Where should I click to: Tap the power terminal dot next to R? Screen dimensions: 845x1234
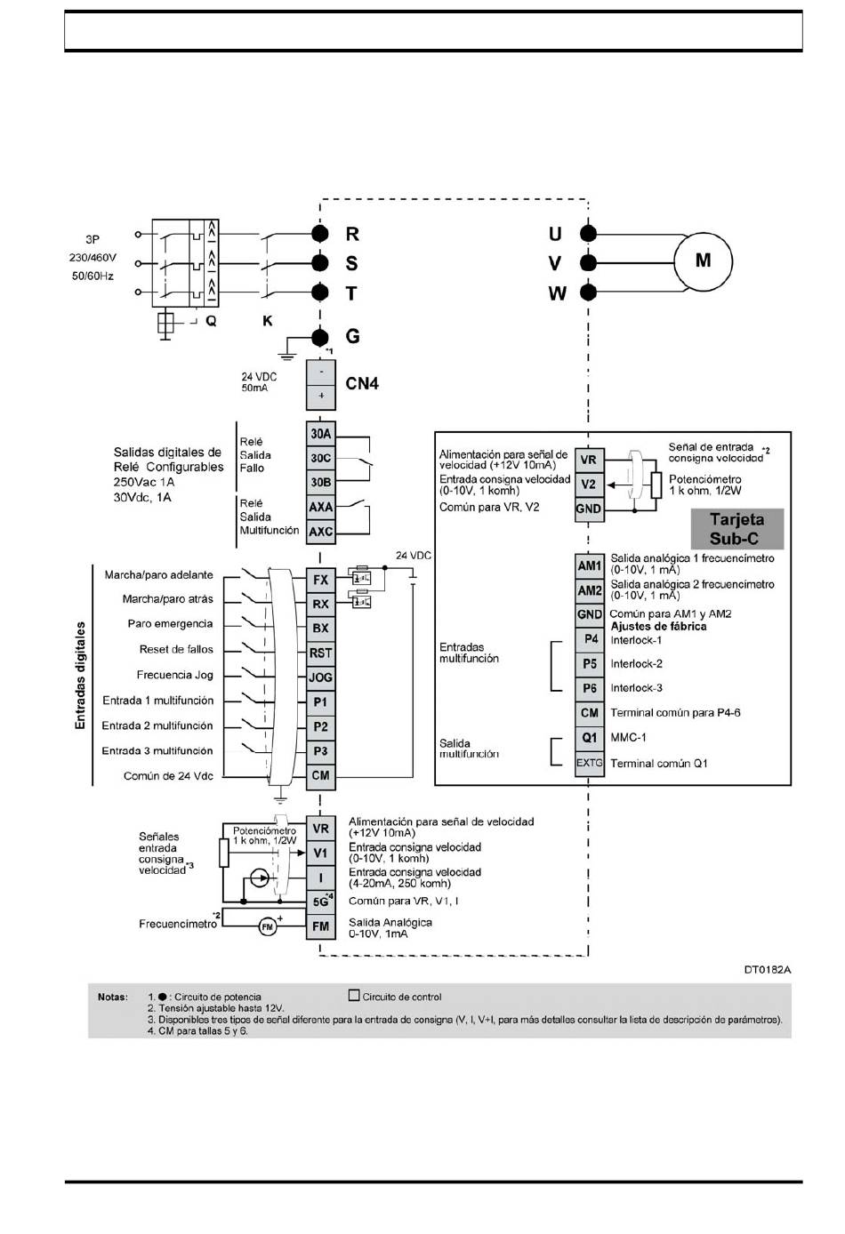coord(319,234)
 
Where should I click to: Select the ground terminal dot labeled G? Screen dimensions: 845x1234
coord(319,337)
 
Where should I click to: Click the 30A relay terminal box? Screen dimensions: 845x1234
coord(321,434)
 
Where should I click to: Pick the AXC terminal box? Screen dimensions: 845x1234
coord(321,532)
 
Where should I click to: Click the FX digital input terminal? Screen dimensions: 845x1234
coord(321,580)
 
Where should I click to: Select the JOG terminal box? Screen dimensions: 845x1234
coord(321,677)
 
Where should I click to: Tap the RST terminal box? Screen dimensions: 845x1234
coord(321,653)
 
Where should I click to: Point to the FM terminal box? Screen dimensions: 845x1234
coord(321,926)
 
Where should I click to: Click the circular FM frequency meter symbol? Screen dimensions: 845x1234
coord(268,927)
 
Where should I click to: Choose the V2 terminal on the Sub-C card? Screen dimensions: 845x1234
coord(589,485)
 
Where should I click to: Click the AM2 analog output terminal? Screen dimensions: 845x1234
coord(589,590)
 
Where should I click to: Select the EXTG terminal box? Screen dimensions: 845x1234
coord(589,764)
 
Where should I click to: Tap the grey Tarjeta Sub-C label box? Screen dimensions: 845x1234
coord(737,529)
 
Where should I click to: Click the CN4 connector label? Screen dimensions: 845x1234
coord(362,383)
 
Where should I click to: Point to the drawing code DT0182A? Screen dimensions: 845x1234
coord(768,970)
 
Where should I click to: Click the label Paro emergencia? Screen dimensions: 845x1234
coord(170,623)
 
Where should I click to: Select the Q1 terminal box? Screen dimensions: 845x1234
coord(589,739)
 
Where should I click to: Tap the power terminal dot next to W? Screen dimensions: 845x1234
coord(589,292)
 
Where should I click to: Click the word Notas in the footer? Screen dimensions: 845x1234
coord(112,998)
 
